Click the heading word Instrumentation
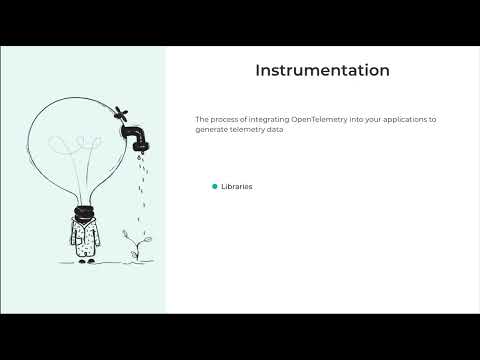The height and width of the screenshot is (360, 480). pyautogui.click(x=321, y=71)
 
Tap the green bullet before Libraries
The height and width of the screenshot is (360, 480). pyautogui.click(x=214, y=186)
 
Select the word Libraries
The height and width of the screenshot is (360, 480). pyautogui.click(x=238, y=186)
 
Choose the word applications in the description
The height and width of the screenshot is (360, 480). pyautogui.click(x=410, y=119)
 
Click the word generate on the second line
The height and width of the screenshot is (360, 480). pyautogui.click(x=212, y=129)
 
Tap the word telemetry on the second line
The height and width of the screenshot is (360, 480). pyautogui.click(x=247, y=129)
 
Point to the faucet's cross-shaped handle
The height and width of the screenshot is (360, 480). pyautogui.click(x=121, y=110)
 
